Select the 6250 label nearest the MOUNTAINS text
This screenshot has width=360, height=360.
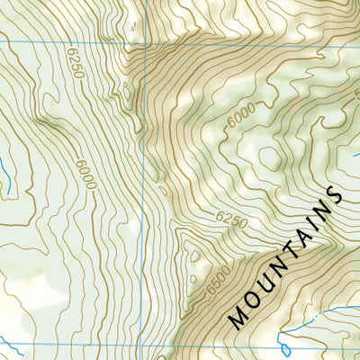[x=230, y=219]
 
